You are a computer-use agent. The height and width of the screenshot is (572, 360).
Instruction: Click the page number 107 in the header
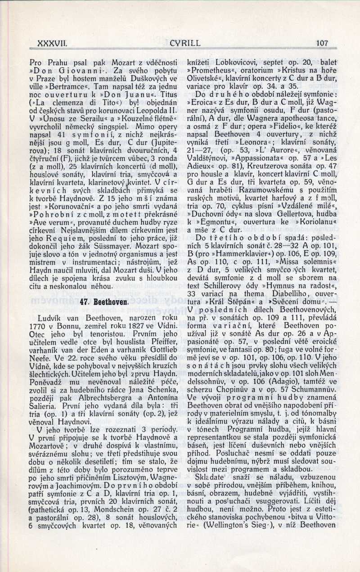(x=322, y=43)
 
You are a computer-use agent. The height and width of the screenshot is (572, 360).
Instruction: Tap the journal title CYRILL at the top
(x=185, y=43)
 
